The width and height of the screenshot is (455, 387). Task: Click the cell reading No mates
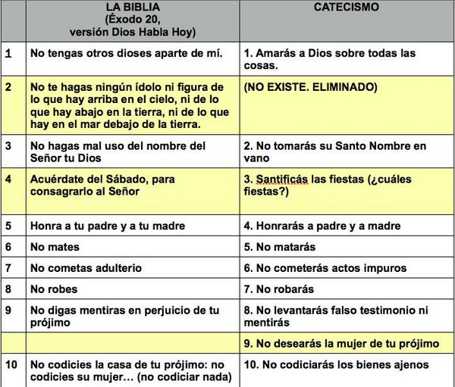pyautogui.click(x=53, y=247)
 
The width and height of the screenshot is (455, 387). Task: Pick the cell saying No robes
pyautogui.click(x=53, y=289)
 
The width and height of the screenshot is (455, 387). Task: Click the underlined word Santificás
pyautogui.click(x=281, y=179)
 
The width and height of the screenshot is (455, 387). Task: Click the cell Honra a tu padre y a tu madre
pyautogui.click(x=107, y=226)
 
